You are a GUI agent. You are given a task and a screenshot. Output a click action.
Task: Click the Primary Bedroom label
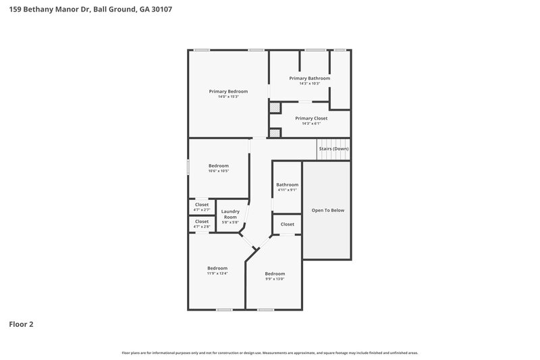[228, 91]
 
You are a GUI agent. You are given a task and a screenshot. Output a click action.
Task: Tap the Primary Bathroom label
[310, 78]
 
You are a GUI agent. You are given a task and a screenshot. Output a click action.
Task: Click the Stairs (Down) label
[333, 149]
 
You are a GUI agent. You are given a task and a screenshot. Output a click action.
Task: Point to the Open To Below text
[327, 210]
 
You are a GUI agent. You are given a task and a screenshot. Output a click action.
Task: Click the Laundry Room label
[230, 214]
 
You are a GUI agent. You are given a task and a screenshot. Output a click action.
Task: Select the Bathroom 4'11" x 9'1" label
[287, 184]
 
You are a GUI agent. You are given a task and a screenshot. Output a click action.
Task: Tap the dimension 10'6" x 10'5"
[218, 172]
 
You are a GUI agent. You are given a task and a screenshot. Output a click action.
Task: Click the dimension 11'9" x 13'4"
[217, 274]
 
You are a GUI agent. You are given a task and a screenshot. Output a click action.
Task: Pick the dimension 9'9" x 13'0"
[275, 279]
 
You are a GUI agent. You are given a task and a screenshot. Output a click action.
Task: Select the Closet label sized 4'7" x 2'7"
[202, 205]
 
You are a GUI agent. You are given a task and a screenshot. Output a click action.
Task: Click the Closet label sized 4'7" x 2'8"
[202, 222]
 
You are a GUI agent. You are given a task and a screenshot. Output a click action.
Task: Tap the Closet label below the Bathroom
[287, 224]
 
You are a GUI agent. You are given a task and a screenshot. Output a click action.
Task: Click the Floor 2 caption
[21, 324]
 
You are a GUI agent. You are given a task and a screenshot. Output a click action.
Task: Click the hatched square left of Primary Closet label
[275, 107]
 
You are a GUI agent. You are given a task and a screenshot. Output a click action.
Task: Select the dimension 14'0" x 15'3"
[228, 97]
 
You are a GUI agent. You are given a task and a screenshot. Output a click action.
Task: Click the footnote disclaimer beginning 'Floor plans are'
[269, 353]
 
